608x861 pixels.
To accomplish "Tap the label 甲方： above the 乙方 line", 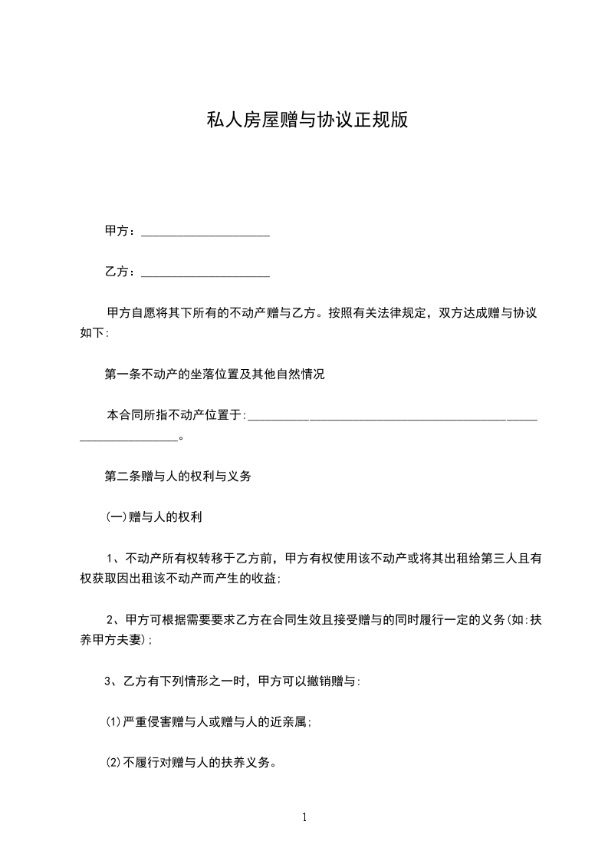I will [x=121, y=230].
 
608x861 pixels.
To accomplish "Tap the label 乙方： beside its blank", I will [x=121, y=272].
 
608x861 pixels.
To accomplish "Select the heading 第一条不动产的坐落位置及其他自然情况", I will [x=214, y=374].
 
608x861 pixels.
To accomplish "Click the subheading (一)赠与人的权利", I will [x=153, y=517].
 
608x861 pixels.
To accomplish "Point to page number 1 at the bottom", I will [x=304, y=817].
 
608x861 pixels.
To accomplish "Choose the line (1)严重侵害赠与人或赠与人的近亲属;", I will [x=208, y=721].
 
